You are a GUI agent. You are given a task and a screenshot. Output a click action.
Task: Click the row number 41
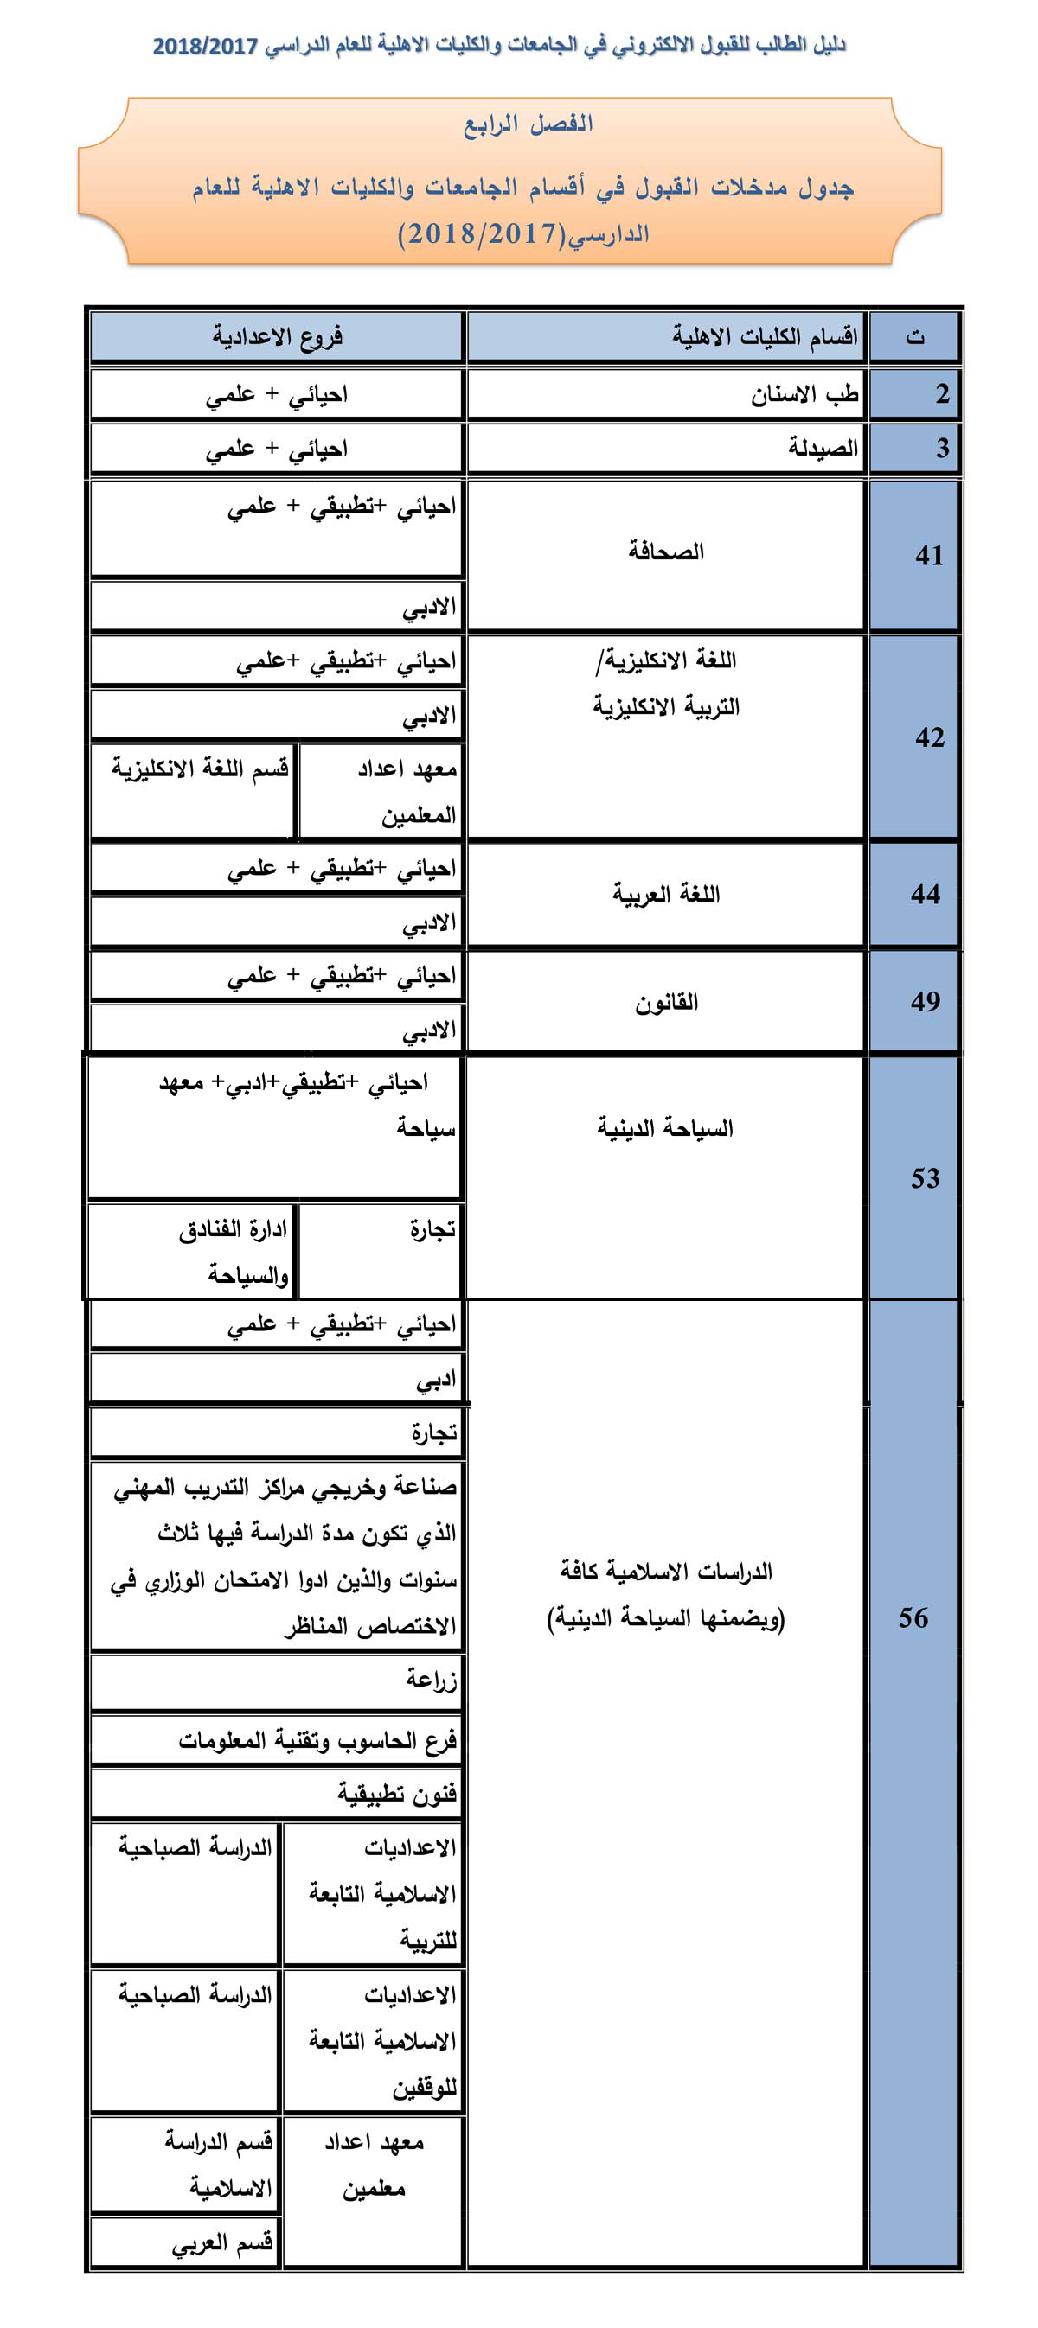click(929, 555)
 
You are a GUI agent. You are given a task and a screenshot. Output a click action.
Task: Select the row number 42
click(929, 737)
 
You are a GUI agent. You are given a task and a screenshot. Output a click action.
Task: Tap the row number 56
click(913, 1617)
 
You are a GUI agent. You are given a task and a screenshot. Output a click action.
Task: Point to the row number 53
click(925, 1178)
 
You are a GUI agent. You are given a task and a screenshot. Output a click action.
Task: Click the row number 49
click(925, 1001)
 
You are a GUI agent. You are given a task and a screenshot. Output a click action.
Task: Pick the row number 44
click(925, 895)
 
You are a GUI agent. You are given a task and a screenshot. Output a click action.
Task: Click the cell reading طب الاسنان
click(804, 394)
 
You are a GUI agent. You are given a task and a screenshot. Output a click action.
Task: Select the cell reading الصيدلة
click(822, 447)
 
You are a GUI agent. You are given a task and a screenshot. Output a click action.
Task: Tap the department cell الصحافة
click(666, 552)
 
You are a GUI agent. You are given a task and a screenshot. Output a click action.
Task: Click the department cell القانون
click(666, 1002)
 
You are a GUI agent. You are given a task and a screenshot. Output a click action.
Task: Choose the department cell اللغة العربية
click(666, 895)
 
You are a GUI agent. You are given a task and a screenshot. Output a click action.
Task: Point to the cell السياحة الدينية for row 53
click(664, 1128)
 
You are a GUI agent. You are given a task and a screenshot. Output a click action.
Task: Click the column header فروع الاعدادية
click(278, 337)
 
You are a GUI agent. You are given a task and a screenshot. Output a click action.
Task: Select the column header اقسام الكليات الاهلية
click(764, 337)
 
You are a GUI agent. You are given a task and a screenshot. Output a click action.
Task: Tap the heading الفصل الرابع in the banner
click(529, 124)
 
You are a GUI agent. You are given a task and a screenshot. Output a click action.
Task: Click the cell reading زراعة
click(432, 1679)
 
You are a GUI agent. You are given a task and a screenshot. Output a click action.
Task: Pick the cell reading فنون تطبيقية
click(397, 1793)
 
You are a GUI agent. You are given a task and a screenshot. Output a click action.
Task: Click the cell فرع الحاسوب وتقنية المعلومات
click(317, 1739)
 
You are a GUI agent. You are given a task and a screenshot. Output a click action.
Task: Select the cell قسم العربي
click(222, 2243)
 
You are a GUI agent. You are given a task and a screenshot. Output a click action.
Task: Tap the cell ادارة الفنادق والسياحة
click(234, 1252)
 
